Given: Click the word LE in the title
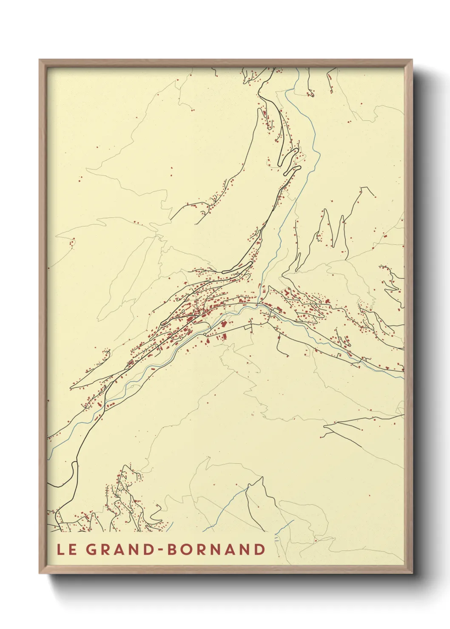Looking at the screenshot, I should click(66, 550).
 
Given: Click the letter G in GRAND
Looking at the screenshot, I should click(91, 550).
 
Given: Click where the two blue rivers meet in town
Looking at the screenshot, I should click(259, 304).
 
